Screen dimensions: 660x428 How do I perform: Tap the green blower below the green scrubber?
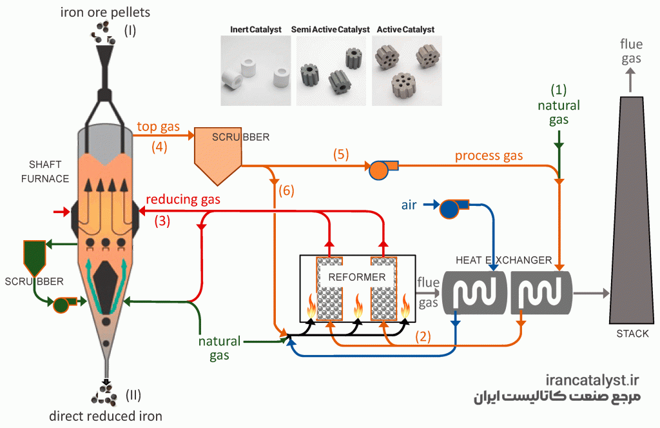pos(64,303)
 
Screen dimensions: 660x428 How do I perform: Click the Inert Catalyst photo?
pos(255,70)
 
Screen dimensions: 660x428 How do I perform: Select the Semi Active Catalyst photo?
pos(331,70)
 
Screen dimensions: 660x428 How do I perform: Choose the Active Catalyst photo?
pos(407,70)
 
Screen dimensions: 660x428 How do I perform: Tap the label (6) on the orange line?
pos(286,190)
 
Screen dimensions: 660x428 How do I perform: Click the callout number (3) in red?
pos(162,221)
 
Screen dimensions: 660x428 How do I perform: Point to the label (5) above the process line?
pos(341,154)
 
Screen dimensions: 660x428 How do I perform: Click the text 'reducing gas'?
pos(183,199)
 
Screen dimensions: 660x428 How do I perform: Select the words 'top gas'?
pos(159,127)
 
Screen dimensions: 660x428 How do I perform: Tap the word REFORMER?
pos(357,277)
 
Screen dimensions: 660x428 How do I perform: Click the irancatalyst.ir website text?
pos(592,380)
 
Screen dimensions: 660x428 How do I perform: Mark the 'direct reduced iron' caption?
pos(106,416)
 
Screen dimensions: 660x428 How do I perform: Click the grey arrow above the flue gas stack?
pos(630,80)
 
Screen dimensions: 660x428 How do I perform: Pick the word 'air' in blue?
pos(409,205)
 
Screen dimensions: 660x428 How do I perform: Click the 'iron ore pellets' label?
pos(105,13)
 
